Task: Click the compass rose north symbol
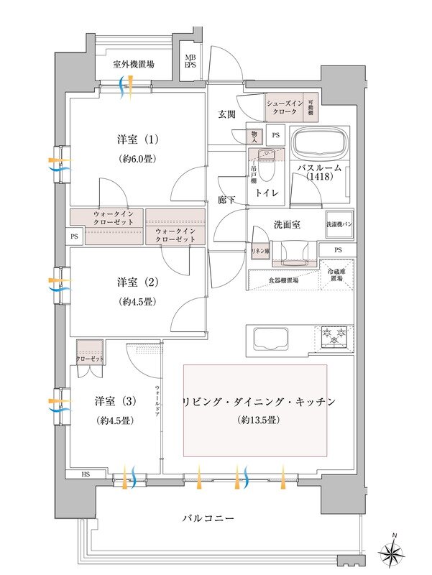pyautogui.click(x=395, y=553)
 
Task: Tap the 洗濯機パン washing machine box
pyautogui.click(x=339, y=224)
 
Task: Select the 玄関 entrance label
pyautogui.click(x=229, y=115)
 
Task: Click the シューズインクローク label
pyautogui.click(x=285, y=108)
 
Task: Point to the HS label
pyautogui.click(x=86, y=476)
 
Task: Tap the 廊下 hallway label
pyautogui.click(x=226, y=200)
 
